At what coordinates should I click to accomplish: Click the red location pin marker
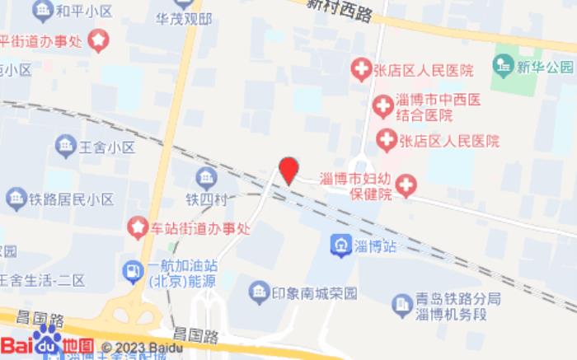coord(288,170)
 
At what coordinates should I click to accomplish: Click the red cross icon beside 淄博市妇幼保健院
coord(406,186)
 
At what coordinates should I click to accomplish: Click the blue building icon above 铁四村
coord(206,177)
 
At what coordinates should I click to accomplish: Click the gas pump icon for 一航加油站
coord(132,270)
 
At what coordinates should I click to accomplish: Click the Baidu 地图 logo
coord(48,344)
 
